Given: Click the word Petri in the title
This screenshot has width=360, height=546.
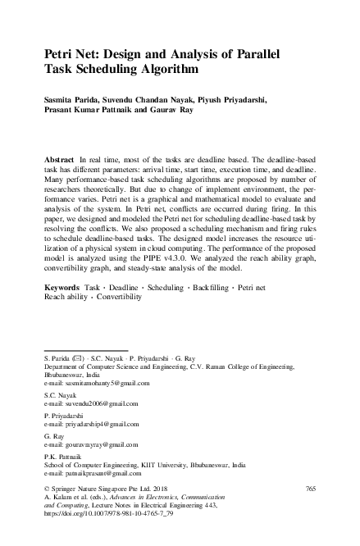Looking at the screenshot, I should [61, 55].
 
